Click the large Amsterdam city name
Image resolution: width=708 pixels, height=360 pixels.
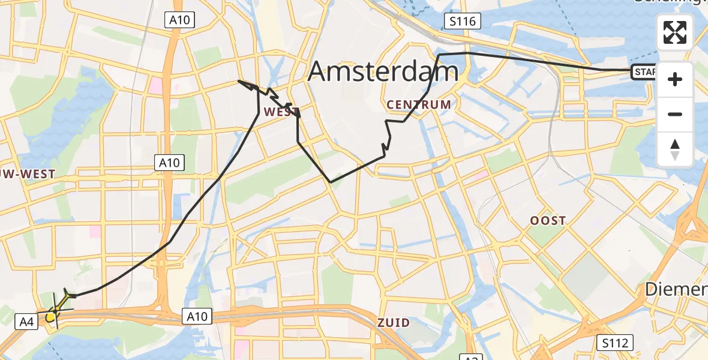pos(383,72)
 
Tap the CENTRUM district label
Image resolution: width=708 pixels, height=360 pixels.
pos(419,104)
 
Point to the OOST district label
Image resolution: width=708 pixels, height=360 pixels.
pos(547,220)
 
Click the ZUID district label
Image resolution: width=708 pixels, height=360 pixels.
pos(394,323)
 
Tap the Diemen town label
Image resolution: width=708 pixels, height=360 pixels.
pos(676,290)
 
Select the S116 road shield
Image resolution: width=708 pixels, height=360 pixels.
pos(463,22)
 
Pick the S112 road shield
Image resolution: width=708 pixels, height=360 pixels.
pos(615,343)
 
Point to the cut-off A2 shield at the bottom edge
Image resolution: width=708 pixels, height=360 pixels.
pos(472,358)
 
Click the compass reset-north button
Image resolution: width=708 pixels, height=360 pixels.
pos(675,149)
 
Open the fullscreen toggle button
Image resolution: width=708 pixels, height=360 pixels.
pos(675,32)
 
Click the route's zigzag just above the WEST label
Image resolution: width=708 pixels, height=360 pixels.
pos(269,94)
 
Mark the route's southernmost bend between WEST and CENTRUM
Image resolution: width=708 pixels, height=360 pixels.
pos(331,181)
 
